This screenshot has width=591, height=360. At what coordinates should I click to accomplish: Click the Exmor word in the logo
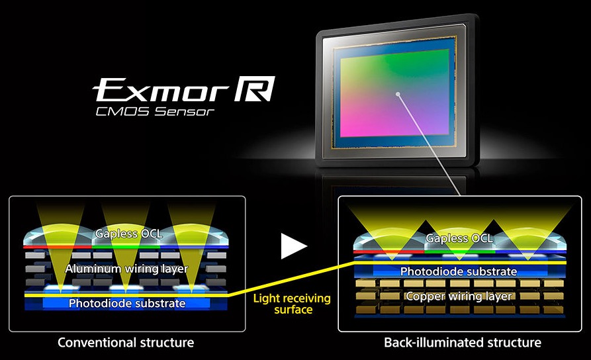point(161,90)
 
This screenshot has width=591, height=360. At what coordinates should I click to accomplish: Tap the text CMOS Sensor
point(155,112)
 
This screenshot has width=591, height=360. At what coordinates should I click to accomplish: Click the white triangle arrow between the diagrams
point(294,246)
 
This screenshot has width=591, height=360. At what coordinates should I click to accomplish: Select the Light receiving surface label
point(292,304)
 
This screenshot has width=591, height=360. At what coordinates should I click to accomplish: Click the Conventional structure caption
point(126,343)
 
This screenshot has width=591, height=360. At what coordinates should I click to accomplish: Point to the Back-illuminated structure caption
point(463,343)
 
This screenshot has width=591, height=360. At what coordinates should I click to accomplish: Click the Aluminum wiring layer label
point(126,269)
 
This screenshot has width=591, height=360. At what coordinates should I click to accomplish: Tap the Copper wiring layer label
point(459,296)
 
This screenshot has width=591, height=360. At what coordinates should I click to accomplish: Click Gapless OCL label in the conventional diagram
point(129,234)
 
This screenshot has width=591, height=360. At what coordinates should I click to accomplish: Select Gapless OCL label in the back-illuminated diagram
point(459,238)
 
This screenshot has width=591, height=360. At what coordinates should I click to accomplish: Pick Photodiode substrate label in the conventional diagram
point(127,304)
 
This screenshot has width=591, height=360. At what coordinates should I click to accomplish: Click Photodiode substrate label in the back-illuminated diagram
point(459,271)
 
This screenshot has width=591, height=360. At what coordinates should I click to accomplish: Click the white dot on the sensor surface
point(397,94)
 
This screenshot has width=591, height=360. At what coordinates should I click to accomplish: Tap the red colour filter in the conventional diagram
point(58,247)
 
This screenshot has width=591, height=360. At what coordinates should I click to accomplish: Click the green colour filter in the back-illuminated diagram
point(460,251)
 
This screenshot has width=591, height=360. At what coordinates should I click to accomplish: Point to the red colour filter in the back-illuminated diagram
point(389,251)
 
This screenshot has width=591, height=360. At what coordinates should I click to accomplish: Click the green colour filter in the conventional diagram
point(126,247)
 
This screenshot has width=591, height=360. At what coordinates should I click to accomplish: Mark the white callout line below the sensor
point(429,144)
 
